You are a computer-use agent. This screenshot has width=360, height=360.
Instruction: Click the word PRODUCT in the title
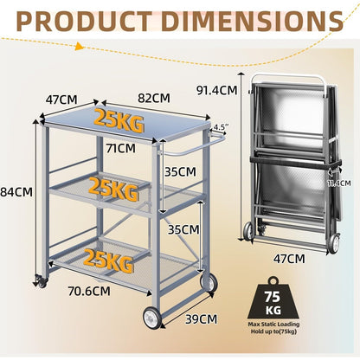click(84, 22)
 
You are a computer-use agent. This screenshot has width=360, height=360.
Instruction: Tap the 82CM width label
click(154, 98)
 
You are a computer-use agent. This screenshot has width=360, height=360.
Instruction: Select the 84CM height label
click(16, 191)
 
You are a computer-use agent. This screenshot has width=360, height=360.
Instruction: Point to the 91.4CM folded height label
click(216, 90)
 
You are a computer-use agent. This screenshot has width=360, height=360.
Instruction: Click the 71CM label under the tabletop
click(120, 148)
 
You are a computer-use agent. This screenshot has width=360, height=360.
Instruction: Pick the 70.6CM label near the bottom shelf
click(89, 291)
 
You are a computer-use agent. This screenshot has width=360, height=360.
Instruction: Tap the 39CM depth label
click(201, 319)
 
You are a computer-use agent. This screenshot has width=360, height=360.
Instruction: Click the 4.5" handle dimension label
click(221, 127)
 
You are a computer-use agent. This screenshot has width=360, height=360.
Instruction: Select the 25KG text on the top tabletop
click(119, 120)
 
